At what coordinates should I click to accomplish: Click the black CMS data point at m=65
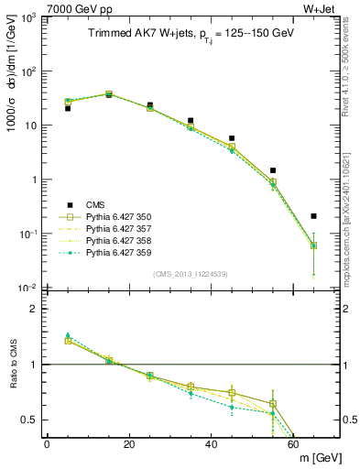(314, 216)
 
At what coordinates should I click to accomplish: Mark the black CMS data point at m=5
(68, 108)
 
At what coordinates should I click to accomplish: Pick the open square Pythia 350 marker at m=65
(314, 245)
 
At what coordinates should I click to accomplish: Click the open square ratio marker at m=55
(273, 404)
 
